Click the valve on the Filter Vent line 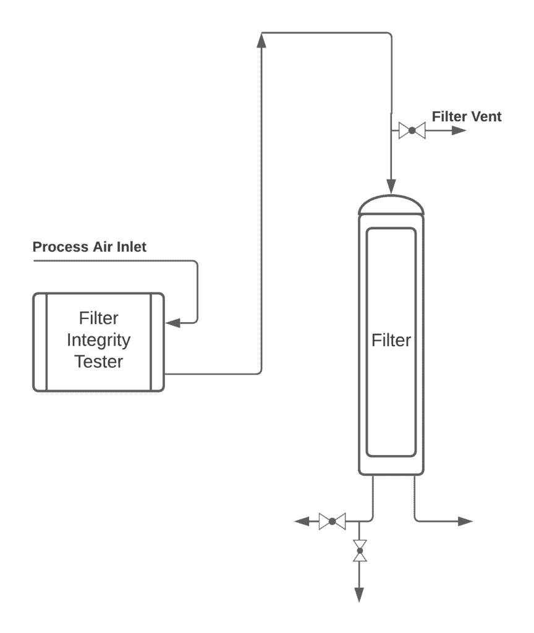point(412,130)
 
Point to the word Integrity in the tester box point(98,340)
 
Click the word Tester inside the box point(98,362)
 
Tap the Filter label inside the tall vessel point(391,341)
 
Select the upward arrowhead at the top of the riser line point(261,40)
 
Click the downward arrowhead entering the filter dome point(391,185)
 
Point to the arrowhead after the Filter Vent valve point(458,130)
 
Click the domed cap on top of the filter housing point(391,205)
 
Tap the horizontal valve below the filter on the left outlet point(332,522)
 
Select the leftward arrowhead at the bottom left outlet point(302,522)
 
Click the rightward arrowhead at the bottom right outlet point(465,522)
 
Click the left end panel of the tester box point(40,342)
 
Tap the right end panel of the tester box point(157,342)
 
